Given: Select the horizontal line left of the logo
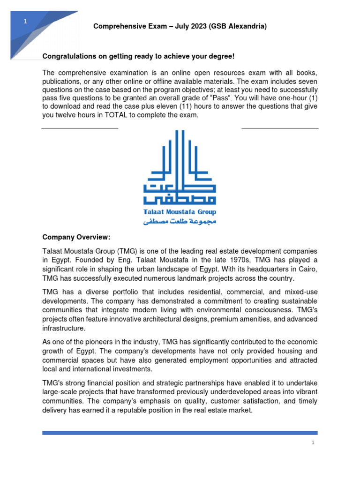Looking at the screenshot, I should (x=80, y=128).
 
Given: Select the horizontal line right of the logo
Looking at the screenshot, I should (x=280, y=128).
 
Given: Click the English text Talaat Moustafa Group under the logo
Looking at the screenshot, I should (x=180, y=212).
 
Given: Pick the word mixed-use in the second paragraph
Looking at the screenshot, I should (x=300, y=292).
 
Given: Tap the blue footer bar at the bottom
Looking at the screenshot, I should (x=180, y=433).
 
